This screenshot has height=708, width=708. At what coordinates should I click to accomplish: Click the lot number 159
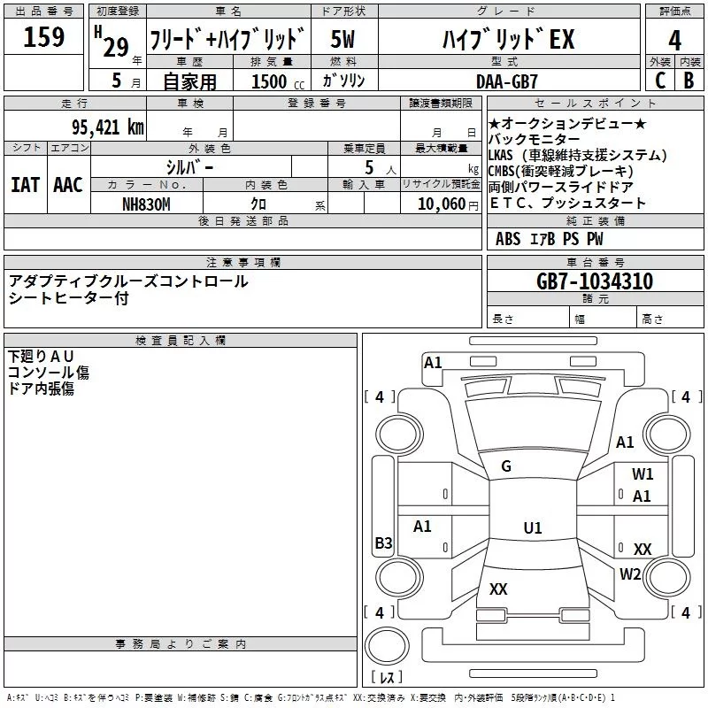[x=43, y=36]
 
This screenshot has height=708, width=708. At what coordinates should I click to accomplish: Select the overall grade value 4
[x=674, y=40]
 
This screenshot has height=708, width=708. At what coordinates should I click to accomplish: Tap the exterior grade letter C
[x=660, y=81]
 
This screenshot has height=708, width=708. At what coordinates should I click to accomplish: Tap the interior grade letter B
[x=689, y=81]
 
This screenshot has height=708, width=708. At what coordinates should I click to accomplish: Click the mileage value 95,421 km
[x=107, y=127]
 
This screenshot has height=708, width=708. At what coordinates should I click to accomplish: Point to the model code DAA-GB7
[x=506, y=81]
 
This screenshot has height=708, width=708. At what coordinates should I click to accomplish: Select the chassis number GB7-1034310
[x=595, y=281]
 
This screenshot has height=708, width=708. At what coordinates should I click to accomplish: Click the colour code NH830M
[x=146, y=204]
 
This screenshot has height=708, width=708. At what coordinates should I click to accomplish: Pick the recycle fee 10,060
[x=441, y=204]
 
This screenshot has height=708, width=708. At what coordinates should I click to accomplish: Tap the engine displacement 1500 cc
[x=278, y=81]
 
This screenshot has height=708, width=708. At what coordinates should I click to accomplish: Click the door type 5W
[x=342, y=39]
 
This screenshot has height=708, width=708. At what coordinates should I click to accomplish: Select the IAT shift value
[x=26, y=185]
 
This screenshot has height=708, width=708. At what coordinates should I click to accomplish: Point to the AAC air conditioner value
[x=68, y=185]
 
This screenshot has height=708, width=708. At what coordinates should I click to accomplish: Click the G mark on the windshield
[x=506, y=466]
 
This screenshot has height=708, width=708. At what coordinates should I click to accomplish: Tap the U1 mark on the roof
[x=533, y=527]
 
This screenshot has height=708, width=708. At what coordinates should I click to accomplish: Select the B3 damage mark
[x=384, y=543]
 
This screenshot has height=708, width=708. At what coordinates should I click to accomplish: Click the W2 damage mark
[x=630, y=574]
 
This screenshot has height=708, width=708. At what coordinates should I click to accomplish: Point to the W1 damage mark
[x=643, y=474]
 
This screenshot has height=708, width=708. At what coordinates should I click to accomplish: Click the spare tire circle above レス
[x=387, y=646]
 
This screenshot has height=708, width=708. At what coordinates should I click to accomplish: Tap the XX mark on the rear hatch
[x=498, y=589]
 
